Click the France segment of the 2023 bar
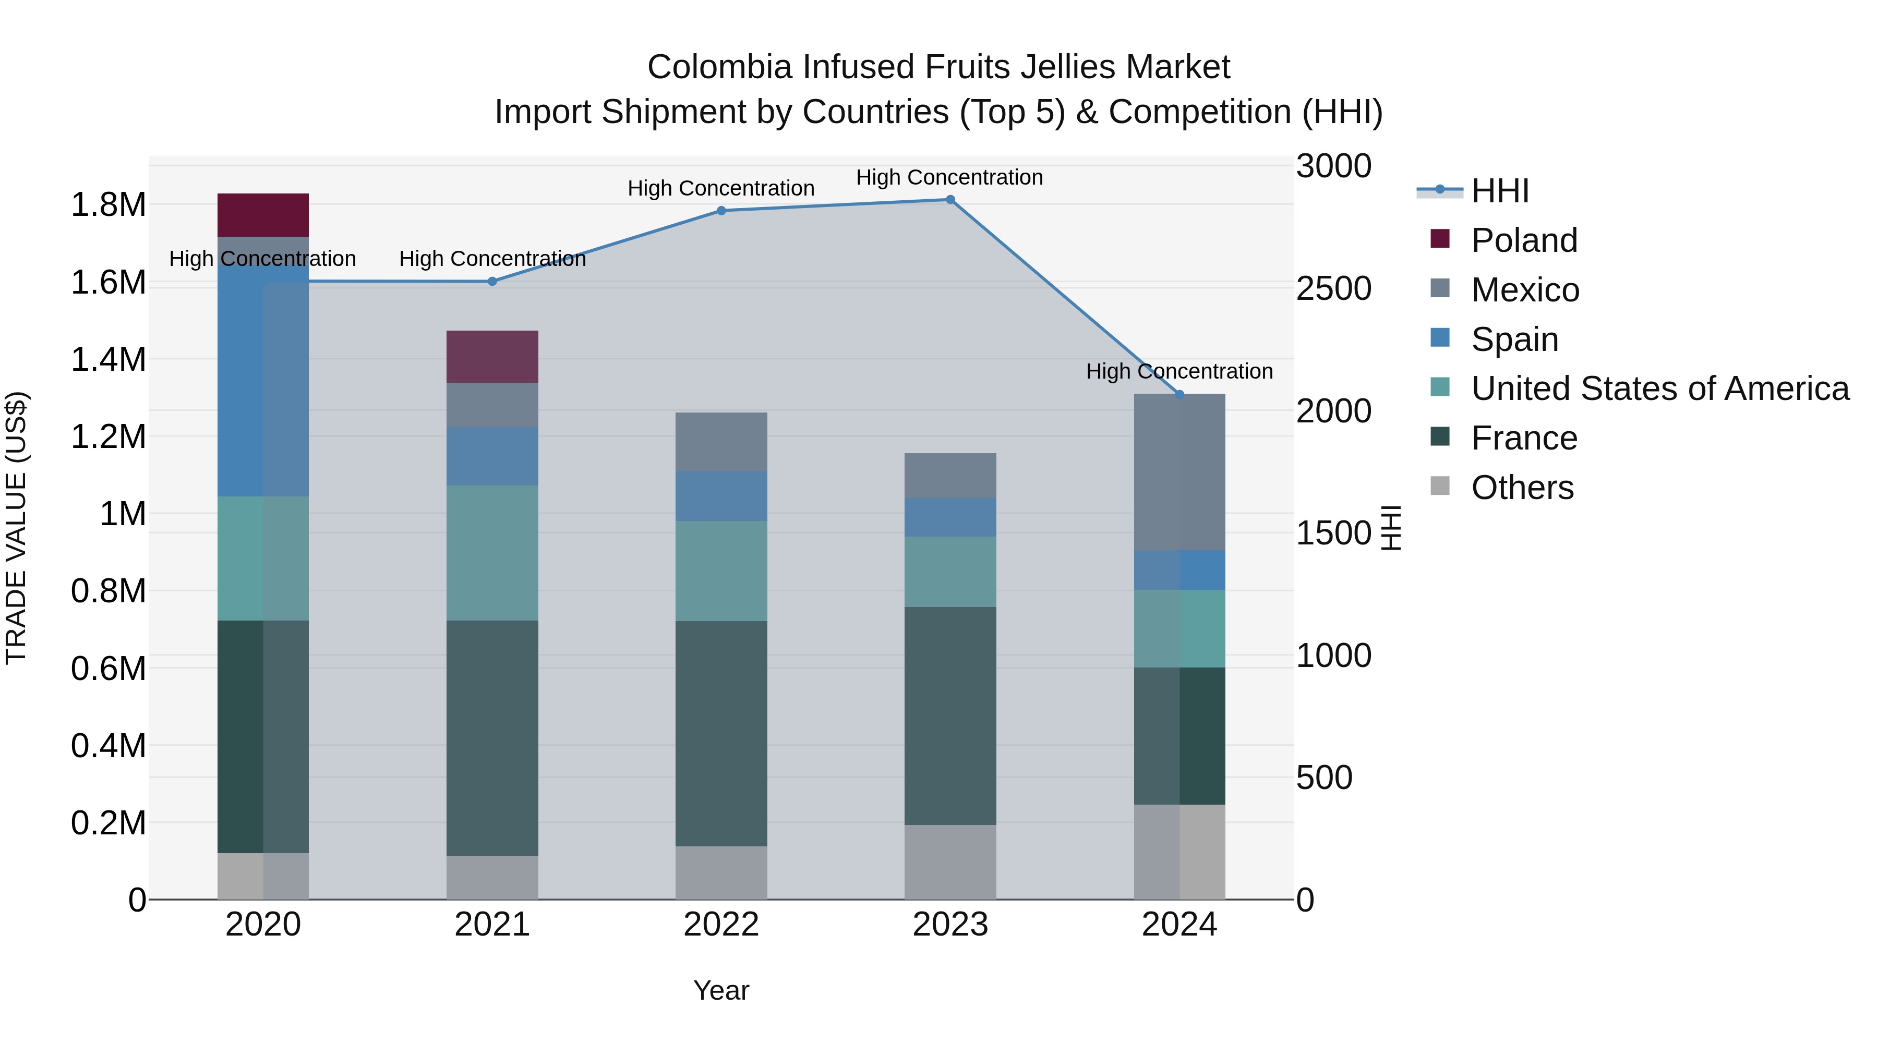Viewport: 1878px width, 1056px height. (x=950, y=715)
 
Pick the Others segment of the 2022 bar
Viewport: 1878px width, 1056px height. (x=721, y=872)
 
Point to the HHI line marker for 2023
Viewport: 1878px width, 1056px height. (x=950, y=200)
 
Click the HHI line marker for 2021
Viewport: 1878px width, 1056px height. (x=492, y=281)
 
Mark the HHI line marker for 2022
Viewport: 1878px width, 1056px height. (x=721, y=211)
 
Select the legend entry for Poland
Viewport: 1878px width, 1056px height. (x=1524, y=240)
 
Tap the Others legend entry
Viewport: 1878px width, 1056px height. (x=1522, y=488)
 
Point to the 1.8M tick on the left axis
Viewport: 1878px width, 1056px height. (x=108, y=205)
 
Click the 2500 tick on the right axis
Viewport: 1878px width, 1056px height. (x=1333, y=288)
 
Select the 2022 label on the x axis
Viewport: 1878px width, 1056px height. (x=721, y=925)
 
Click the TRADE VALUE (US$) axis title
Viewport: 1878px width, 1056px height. (x=16, y=528)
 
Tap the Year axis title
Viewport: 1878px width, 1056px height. (x=721, y=990)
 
